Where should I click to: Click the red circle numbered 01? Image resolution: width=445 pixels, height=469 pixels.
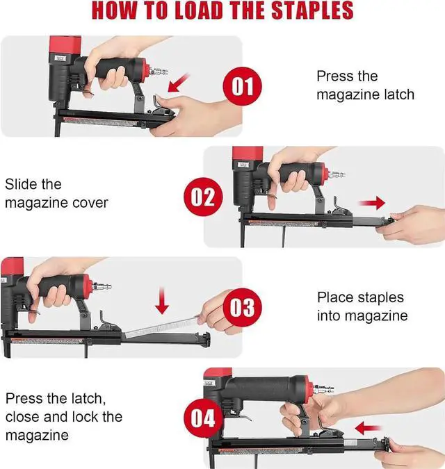click(x=242, y=86)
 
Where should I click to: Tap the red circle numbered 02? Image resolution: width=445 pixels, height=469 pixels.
click(x=203, y=197)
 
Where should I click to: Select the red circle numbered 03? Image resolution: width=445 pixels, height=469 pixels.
click(x=242, y=308)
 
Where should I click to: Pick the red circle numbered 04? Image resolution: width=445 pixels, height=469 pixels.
click(x=203, y=418)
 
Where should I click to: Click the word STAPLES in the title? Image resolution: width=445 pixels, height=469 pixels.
click(x=312, y=10)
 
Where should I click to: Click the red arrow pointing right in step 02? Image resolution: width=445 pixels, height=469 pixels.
click(x=372, y=203)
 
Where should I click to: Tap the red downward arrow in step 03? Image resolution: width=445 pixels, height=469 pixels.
click(x=162, y=300)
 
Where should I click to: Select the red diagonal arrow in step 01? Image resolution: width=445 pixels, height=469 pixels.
click(x=179, y=83)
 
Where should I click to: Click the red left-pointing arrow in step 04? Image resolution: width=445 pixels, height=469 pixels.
click(x=368, y=428)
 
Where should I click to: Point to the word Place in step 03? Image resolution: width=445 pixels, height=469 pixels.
click(x=335, y=297)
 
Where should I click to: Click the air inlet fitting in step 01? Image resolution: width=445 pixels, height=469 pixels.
click(x=159, y=72)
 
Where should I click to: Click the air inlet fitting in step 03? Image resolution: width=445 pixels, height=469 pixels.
click(x=102, y=286)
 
